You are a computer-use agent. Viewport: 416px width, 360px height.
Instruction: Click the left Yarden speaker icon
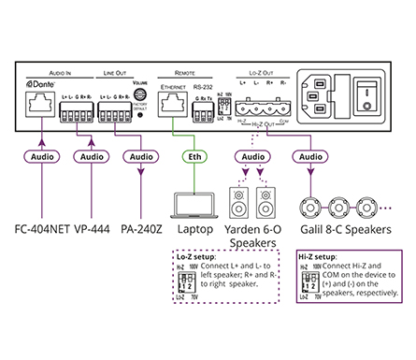point(237,203)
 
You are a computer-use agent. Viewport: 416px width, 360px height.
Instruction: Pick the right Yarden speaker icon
point(266,203)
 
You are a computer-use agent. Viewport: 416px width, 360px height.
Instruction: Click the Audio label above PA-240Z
point(140,157)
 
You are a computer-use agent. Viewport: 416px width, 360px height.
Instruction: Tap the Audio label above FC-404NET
point(40,157)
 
